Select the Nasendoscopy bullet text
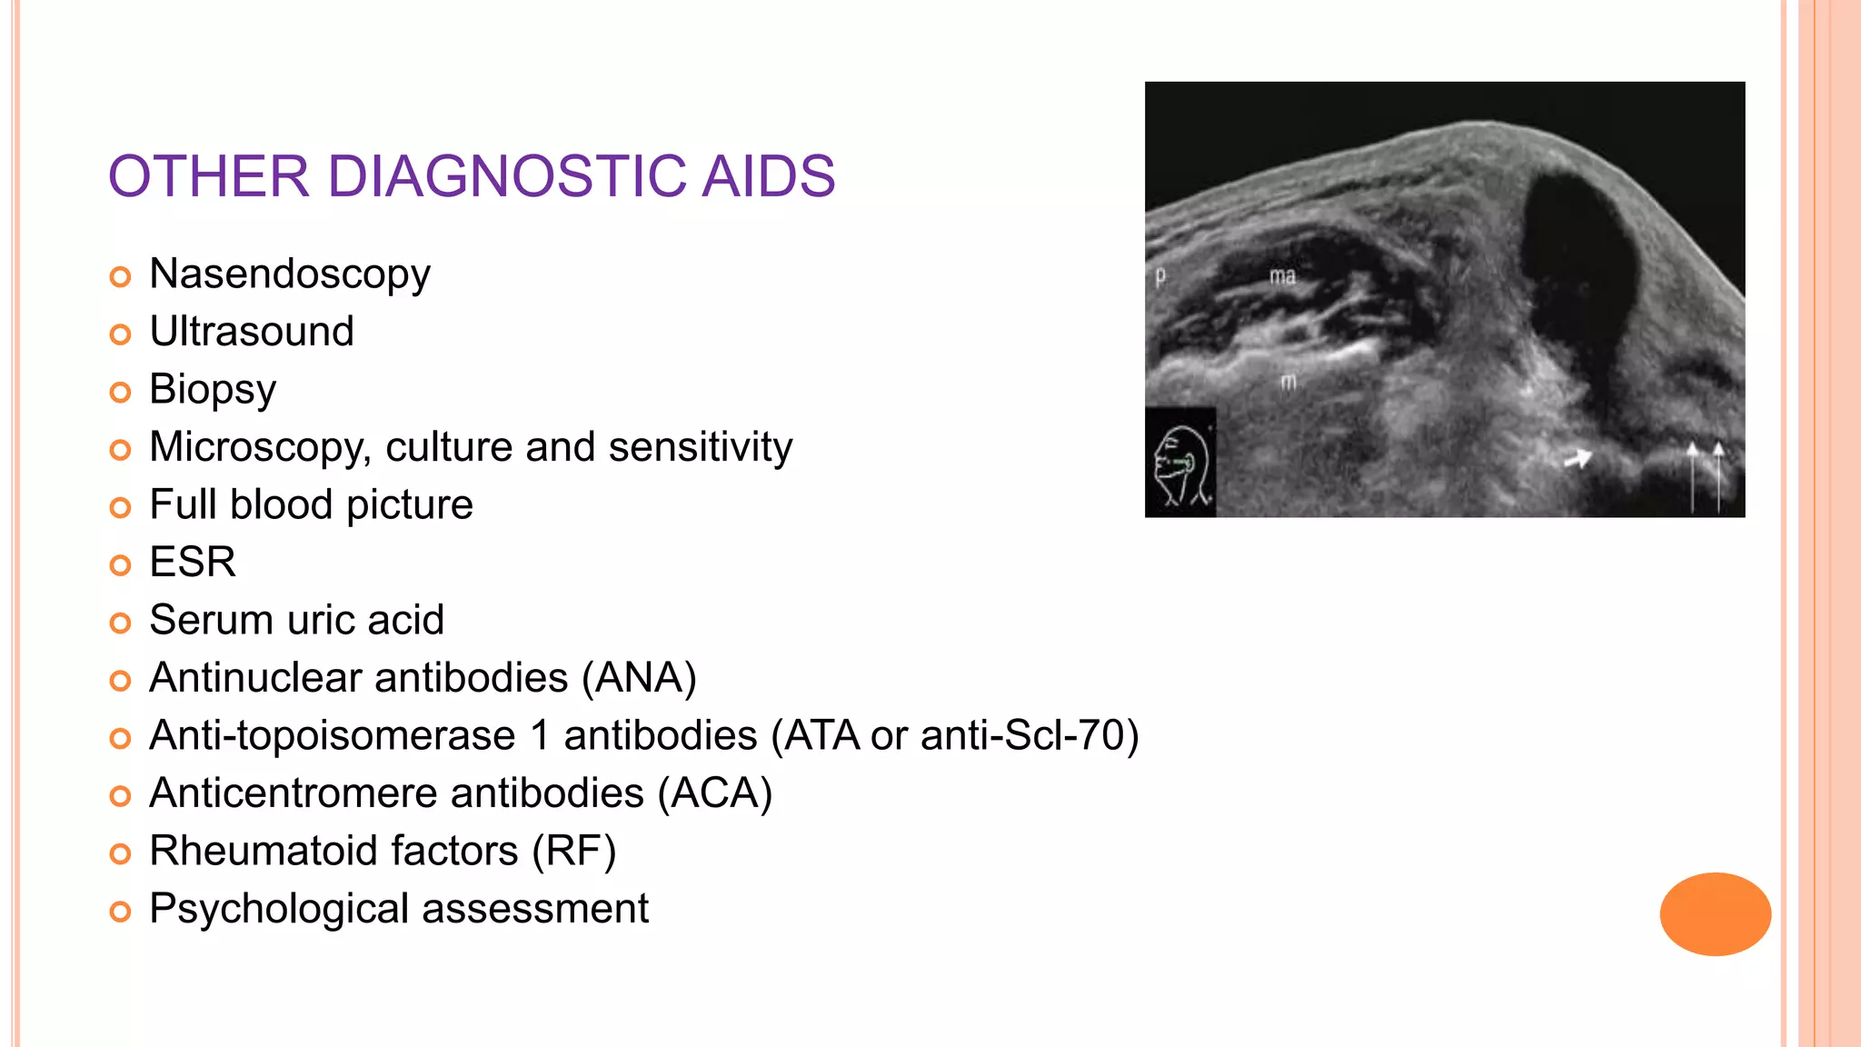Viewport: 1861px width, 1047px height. pyautogui.click(x=289, y=274)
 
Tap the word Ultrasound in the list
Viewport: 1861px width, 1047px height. pyautogui.click(x=252, y=332)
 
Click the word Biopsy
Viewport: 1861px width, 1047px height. pyautogui.click(x=213, y=390)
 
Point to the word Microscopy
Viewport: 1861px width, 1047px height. pyautogui.click(x=259, y=447)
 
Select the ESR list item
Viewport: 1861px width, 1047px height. pyautogui.click(x=193, y=563)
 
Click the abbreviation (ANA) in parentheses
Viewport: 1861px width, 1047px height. pyautogui.click(x=639, y=678)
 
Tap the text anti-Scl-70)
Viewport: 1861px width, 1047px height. pyautogui.click(x=1030, y=735)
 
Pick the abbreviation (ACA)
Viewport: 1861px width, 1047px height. pyautogui.click(x=715, y=793)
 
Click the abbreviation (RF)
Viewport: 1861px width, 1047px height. pyautogui.click(x=574, y=852)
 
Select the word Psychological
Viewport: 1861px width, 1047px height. pyautogui.click(x=279, y=909)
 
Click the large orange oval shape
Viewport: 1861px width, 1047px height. pyautogui.click(x=1715, y=914)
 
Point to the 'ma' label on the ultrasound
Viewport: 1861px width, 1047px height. pyautogui.click(x=1282, y=276)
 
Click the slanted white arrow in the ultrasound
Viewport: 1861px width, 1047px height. pyautogui.click(x=1577, y=459)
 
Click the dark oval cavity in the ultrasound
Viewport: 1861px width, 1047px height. pyautogui.click(x=1577, y=273)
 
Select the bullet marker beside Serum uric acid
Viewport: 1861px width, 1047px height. pyautogui.click(x=120, y=623)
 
